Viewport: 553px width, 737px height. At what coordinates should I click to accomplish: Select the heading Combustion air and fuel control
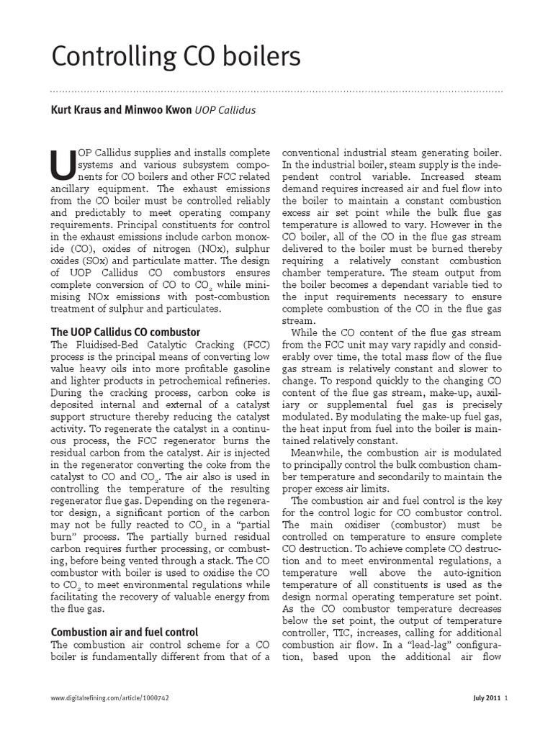(124, 632)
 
